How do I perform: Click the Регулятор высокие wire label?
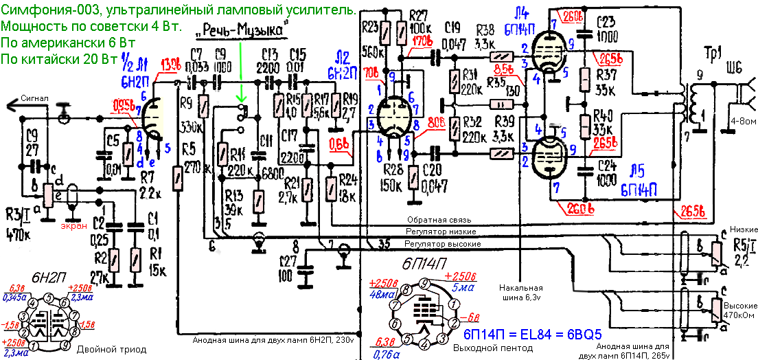441,244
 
